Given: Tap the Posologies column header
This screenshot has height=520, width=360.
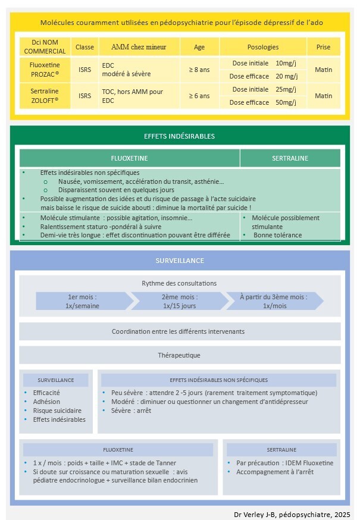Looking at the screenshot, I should pos(262,47).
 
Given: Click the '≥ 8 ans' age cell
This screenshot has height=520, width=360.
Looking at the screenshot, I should pos(199,70).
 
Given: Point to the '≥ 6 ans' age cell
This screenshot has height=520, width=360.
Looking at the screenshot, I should pos(199,96).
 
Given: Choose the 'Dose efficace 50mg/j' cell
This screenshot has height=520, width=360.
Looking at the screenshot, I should pos(262,102).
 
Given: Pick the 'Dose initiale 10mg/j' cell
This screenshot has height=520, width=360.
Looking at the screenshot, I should pos(262,63).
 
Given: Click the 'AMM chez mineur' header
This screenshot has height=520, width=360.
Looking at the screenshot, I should pos(139,47).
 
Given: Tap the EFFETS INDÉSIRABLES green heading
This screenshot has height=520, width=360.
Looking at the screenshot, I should pos(180,136).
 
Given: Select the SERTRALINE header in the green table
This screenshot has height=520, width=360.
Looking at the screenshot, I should pos(290,159).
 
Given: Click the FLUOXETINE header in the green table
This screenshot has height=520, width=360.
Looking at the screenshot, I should pos(130,159).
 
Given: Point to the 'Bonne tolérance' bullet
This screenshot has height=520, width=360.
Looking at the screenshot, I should pos(277,235).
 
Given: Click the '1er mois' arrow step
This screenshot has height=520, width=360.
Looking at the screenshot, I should pos(83,301).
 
